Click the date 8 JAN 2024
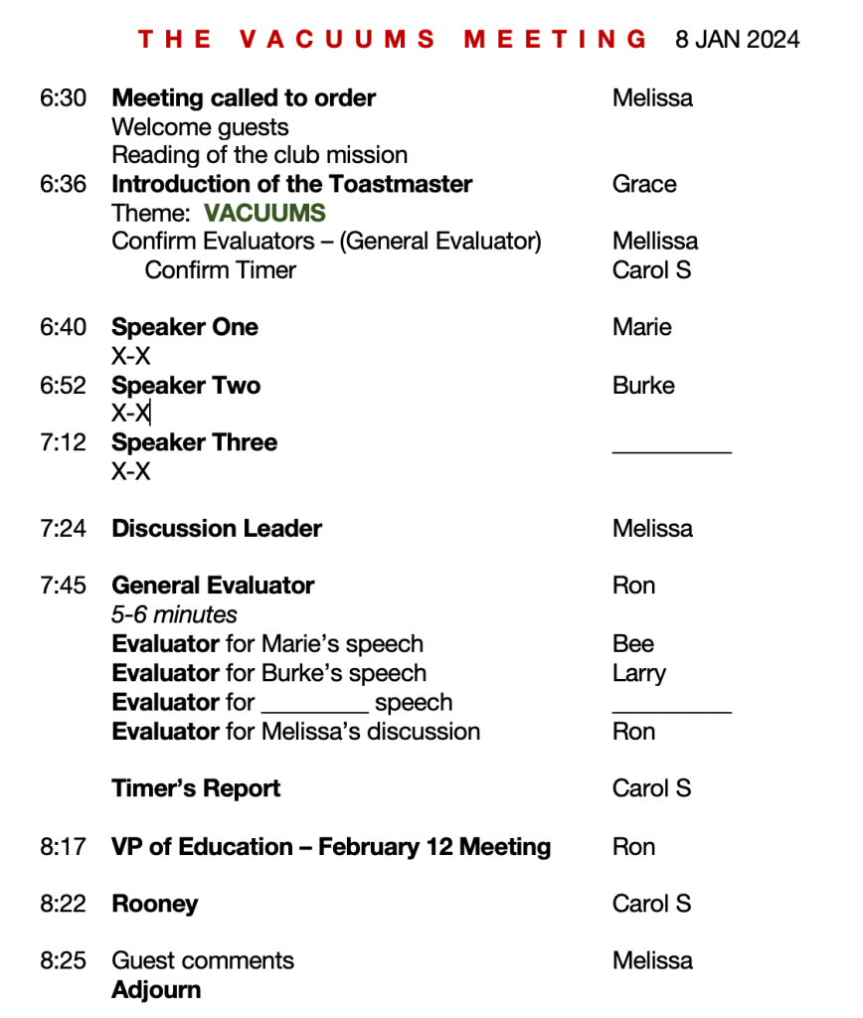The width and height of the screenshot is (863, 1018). pos(737,40)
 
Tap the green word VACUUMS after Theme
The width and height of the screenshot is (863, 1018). pos(264,213)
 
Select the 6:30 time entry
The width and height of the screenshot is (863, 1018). pos(63,98)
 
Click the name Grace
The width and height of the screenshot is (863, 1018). pos(644,184)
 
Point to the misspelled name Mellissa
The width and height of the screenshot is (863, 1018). pos(655,242)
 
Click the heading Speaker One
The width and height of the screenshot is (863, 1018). pos(185,328)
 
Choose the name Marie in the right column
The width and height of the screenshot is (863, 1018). pos(642,328)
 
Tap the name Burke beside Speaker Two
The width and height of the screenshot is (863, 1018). pos(643,386)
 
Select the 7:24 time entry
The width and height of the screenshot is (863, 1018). pos(63,529)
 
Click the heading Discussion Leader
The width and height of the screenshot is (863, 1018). pos(217,529)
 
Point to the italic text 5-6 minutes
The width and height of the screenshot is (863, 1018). pos(174,615)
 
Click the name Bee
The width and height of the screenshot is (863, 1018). pos(633,644)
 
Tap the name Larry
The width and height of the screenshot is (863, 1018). pos(638,674)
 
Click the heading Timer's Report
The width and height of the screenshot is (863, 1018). pos(196,789)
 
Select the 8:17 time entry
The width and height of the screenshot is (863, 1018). pos(63,847)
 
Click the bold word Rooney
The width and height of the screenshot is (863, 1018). pos(155,905)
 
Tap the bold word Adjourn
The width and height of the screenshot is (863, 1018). pos(156,990)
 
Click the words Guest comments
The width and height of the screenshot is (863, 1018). pos(203,961)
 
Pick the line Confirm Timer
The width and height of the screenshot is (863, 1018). pos(221,270)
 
